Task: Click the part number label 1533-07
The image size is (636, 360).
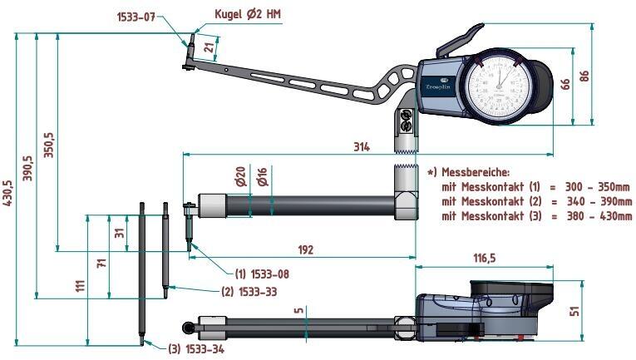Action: pos(137,16)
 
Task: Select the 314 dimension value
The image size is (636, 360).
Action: pos(361,147)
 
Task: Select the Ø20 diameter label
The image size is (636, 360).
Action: pos(240,177)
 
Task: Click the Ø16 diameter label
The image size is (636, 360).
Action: pos(262,177)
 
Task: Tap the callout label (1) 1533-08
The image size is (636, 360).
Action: pos(262,274)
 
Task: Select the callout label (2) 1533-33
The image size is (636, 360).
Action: pos(249,292)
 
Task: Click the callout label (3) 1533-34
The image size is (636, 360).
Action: pos(196,349)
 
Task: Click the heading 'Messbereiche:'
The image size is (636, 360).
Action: pos(473,172)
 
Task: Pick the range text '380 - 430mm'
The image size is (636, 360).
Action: pos(597,216)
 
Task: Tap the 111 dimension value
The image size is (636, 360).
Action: pos(80,285)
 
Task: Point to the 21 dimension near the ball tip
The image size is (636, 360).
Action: pos(208,49)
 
